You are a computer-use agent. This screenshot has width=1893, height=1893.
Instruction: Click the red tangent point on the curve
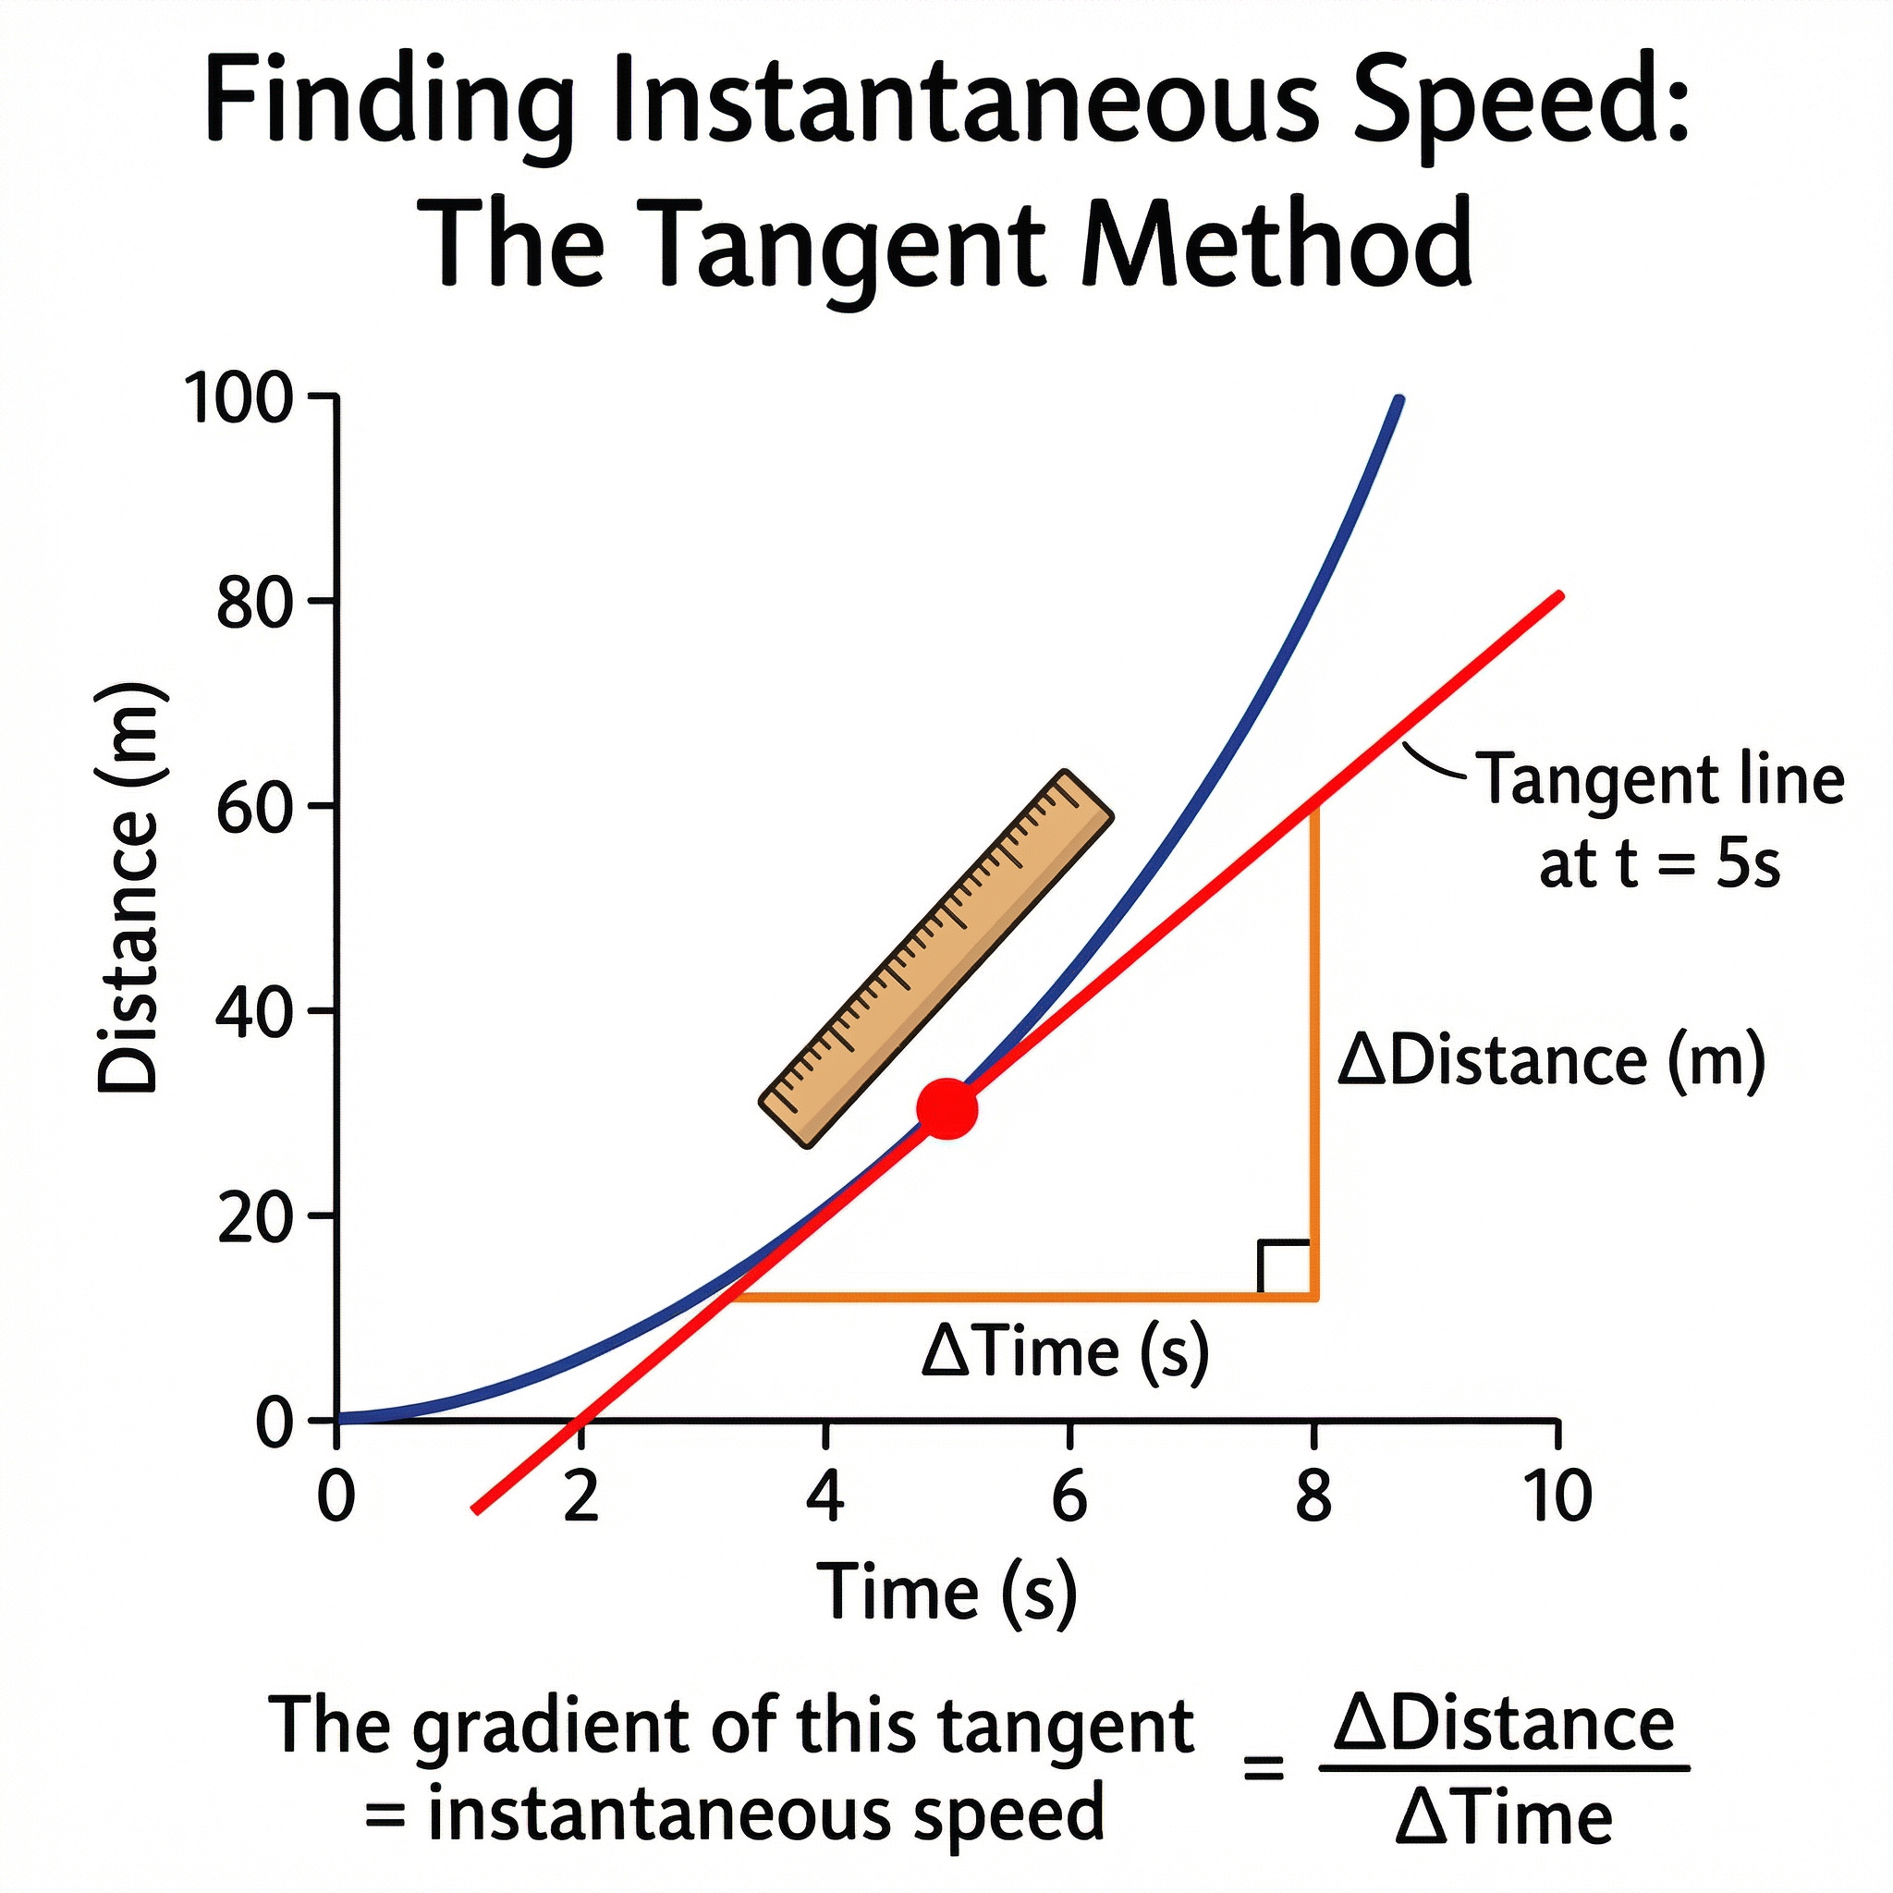946,1108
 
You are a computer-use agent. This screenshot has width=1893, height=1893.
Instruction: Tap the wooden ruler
936,959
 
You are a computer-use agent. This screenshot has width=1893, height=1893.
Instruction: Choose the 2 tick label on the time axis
581,1497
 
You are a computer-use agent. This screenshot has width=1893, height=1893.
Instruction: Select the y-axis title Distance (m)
129,887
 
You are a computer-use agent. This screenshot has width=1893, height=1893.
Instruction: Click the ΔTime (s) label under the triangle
1065,1352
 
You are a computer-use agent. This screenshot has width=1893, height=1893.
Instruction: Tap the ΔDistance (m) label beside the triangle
1551,1061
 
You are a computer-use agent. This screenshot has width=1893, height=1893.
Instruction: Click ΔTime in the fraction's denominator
1504,1818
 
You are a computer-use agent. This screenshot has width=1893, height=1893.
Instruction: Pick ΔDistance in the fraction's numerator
1504,1724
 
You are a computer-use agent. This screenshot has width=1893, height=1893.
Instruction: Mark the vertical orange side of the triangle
1315,1048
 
